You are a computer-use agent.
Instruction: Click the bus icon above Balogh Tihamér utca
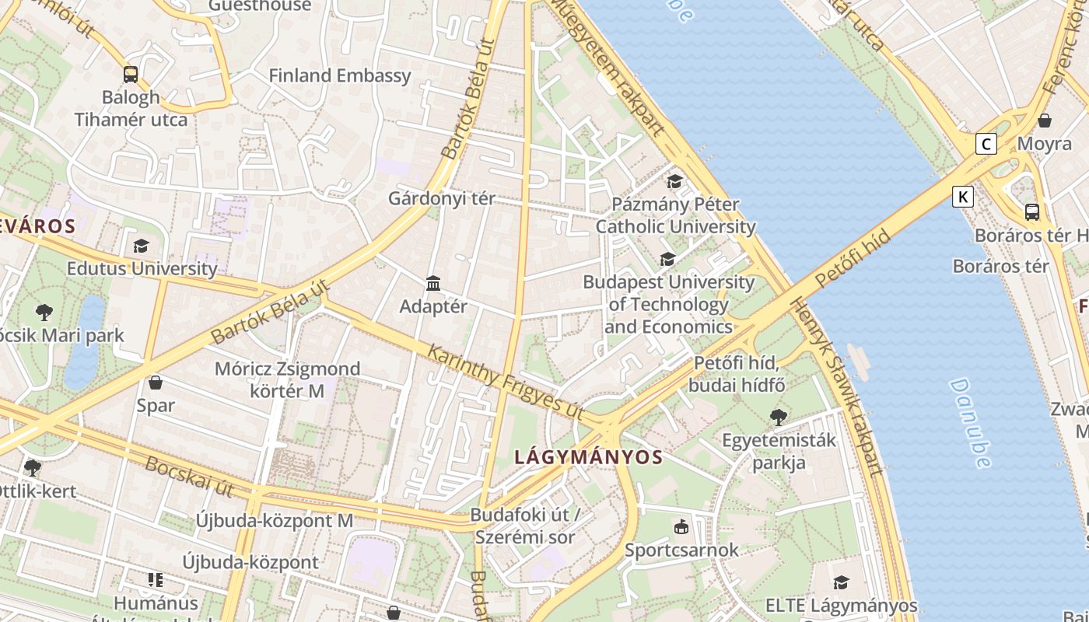(131, 75)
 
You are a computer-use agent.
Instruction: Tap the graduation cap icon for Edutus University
(141, 246)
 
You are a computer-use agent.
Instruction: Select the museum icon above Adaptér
(433, 284)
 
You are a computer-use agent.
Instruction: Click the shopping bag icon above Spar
(156, 383)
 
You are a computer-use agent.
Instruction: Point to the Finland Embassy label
(339, 75)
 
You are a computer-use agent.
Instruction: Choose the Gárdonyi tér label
(441, 198)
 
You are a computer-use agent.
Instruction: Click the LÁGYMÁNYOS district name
(588, 457)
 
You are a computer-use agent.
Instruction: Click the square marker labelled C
(986, 144)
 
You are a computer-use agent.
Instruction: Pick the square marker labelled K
(963, 197)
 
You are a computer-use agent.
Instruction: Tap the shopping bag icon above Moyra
(1045, 121)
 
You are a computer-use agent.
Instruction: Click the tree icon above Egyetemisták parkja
(778, 418)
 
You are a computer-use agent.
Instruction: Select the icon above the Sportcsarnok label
(681, 527)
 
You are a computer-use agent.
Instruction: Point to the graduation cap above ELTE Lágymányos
(841, 582)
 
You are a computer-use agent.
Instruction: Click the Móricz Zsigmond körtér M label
(288, 379)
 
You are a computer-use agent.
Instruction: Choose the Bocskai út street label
(189, 477)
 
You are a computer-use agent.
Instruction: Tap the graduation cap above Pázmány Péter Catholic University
(674, 182)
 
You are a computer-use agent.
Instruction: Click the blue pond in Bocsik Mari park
(86, 342)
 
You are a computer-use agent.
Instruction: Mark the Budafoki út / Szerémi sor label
(525, 526)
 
